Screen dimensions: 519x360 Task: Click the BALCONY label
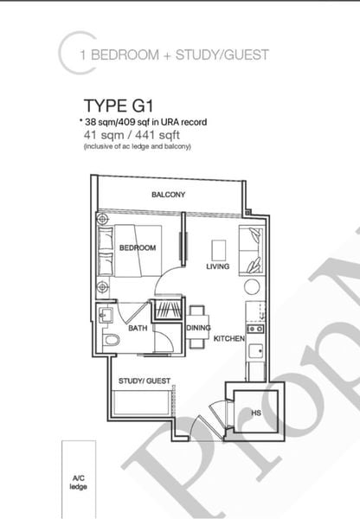tap(169, 195)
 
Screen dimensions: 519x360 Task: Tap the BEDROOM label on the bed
tap(138, 248)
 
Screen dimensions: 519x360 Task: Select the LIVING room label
tap(217, 266)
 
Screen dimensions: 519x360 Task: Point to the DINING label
tap(198, 328)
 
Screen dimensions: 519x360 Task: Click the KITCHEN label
tap(228, 338)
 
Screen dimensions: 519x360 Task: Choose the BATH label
tap(138, 329)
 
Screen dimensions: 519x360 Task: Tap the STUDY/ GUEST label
tap(145, 381)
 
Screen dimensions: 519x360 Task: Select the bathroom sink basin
tap(106, 314)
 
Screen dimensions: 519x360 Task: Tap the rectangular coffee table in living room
tap(220, 246)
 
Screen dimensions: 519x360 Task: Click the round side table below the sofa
tap(252, 286)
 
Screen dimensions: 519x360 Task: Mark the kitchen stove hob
tap(255, 329)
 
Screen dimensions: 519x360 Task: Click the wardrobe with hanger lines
tap(167, 311)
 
